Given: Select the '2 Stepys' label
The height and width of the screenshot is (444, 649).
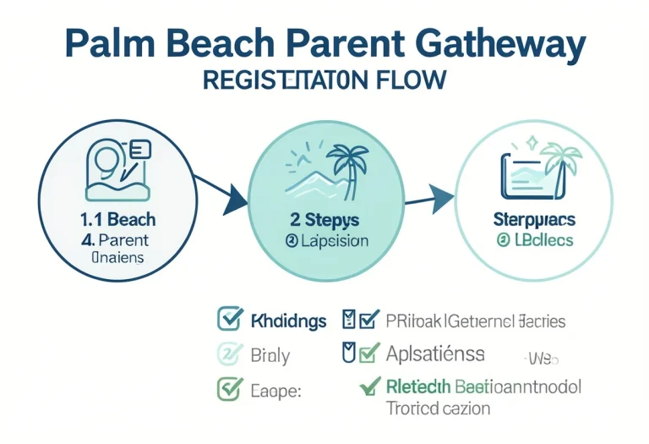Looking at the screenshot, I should tap(324, 220).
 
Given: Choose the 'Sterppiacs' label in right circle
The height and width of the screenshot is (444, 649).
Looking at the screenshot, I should tap(533, 220).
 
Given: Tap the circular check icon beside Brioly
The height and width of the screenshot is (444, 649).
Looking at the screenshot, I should tap(229, 354).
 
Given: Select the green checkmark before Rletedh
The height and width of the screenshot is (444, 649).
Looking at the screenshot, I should tap(368, 386).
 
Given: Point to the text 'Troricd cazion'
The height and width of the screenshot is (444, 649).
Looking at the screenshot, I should tap(439, 408).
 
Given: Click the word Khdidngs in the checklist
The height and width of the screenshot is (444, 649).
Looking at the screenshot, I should tap(289, 321).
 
